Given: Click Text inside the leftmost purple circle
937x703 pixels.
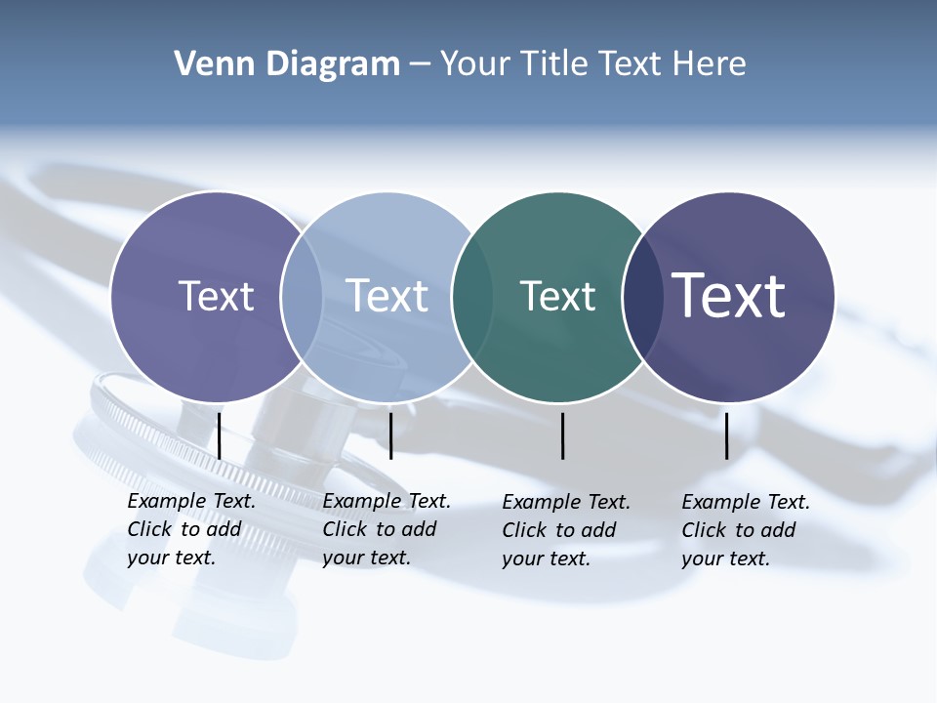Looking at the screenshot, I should pyautogui.click(x=216, y=296).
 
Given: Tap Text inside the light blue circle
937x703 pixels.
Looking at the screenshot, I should pyautogui.click(x=387, y=296).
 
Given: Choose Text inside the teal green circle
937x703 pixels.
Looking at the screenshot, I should pyautogui.click(x=557, y=296).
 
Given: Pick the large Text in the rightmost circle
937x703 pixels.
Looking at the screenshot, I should pyautogui.click(x=729, y=296).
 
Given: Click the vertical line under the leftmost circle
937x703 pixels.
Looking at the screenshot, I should pyautogui.click(x=220, y=435).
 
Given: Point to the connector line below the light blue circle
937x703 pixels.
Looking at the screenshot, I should pyautogui.click(x=390, y=435).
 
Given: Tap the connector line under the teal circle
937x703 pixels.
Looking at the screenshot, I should pyautogui.click(x=563, y=435).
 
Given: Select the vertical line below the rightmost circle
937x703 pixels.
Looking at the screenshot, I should pyautogui.click(x=727, y=435).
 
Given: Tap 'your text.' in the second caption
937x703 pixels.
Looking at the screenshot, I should pyautogui.click(x=367, y=558).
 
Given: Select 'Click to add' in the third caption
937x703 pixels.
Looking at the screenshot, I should pyautogui.click(x=559, y=530).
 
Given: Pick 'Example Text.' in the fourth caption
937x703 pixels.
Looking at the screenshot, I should pyautogui.click(x=746, y=502).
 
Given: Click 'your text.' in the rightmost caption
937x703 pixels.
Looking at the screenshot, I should pyautogui.click(x=726, y=558).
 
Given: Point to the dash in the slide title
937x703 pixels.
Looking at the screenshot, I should pyautogui.click(x=420, y=65).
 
